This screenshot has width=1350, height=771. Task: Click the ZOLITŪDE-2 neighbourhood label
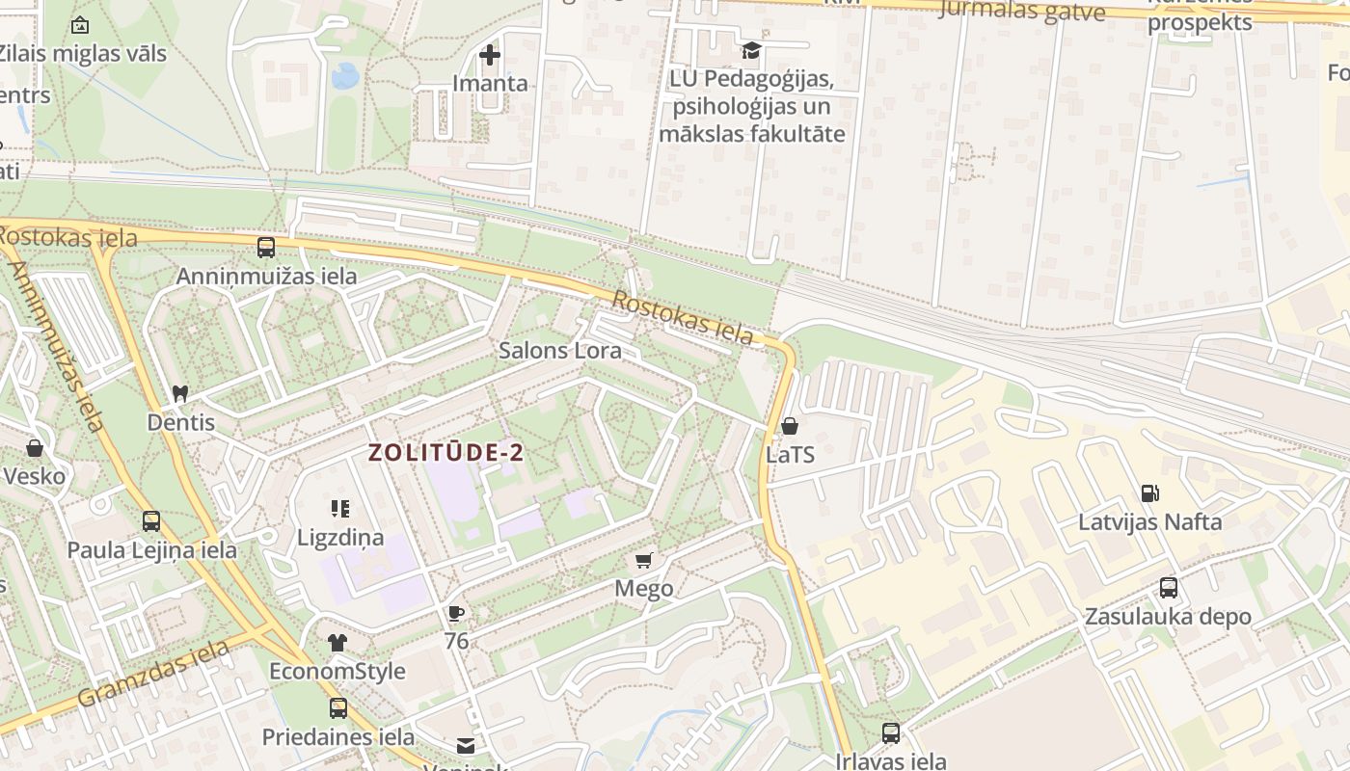pyautogui.click(x=446, y=453)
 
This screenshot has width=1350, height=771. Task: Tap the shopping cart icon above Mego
pyautogui.click(x=644, y=560)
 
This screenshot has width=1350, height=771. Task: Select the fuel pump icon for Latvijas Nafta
pyautogui.click(x=1149, y=493)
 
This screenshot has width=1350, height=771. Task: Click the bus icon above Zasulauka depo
pyautogui.click(x=1168, y=587)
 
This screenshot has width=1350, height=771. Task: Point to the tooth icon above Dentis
pyautogui.click(x=179, y=393)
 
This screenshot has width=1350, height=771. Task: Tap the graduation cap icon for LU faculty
pyautogui.click(x=751, y=50)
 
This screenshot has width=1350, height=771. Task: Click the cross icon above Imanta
pyautogui.click(x=490, y=55)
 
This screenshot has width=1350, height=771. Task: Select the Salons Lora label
pyautogui.click(x=559, y=351)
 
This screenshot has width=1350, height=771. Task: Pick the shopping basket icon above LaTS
pyautogui.click(x=790, y=426)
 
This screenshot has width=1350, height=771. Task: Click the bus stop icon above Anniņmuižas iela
pyautogui.click(x=266, y=248)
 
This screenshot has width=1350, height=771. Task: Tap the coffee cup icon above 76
pyautogui.click(x=456, y=612)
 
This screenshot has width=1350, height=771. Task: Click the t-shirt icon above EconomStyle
pyautogui.click(x=337, y=642)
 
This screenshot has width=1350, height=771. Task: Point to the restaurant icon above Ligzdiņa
pyautogui.click(x=339, y=508)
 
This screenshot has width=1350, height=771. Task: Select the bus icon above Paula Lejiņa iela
pyautogui.click(x=151, y=521)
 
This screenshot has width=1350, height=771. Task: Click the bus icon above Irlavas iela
pyautogui.click(x=891, y=732)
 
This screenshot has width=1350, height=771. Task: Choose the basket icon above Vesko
pyautogui.click(x=35, y=448)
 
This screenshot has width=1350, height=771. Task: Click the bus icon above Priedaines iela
pyautogui.click(x=338, y=708)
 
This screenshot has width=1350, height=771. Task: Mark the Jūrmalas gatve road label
pyautogui.click(x=1021, y=11)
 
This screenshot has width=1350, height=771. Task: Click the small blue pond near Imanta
pyautogui.click(x=345, y=75)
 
